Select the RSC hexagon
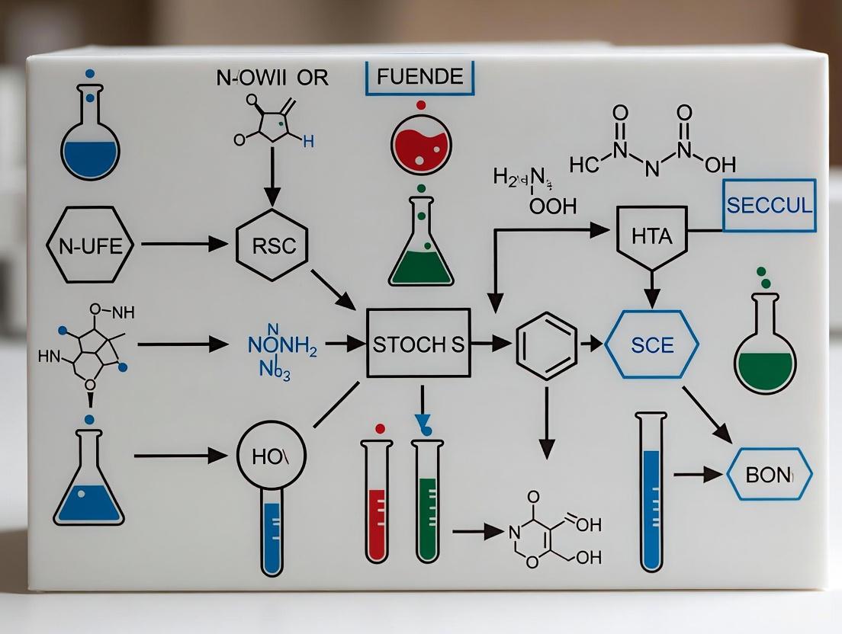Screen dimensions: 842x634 (272, 245)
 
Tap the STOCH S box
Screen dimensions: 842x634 (419, 343)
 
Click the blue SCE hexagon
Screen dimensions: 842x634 (652, 344)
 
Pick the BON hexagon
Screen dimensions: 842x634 (768, 475)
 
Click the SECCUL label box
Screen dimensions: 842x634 (769, 205)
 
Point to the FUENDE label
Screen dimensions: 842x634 (419, 76)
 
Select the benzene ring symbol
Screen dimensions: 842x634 (546, 344)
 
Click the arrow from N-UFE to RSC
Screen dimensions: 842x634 (185, 245)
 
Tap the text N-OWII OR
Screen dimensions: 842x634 (272, 78)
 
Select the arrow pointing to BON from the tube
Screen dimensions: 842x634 (699, 475)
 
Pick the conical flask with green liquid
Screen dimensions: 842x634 (421, 244)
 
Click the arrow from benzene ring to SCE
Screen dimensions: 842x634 (590, 344)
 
